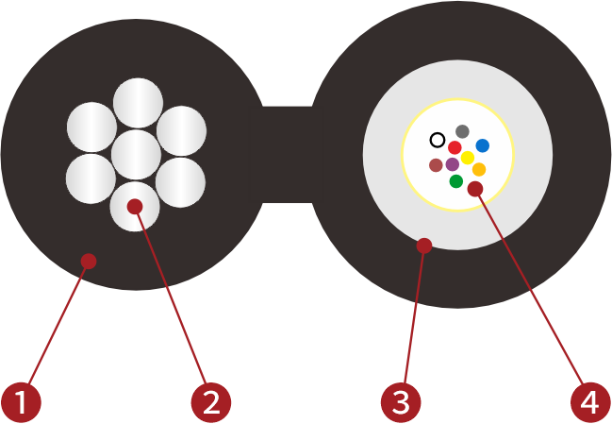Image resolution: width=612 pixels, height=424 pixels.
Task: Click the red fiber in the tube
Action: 455,147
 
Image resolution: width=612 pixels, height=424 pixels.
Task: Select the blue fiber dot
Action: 482,145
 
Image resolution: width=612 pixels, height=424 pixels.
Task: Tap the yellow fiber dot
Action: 467,158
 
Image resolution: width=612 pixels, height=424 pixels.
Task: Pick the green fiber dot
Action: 456,180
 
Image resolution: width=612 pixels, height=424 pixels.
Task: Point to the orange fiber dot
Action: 479,169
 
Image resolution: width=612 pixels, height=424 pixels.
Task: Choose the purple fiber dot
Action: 453,164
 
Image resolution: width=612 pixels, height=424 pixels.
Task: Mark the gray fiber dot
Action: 462,131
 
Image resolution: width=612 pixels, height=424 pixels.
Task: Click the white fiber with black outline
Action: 438,140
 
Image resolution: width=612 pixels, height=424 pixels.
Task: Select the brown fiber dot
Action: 436,165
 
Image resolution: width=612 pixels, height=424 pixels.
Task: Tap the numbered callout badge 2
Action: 210,402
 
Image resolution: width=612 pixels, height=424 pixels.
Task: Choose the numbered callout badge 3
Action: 401,402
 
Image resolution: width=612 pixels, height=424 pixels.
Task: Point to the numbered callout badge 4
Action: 589,402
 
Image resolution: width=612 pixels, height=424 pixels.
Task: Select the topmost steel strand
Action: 138,102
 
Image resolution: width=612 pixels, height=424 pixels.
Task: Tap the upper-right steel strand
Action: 182,128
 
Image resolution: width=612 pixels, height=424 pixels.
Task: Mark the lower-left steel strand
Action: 92,178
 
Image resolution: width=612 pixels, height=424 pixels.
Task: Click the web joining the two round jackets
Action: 287,155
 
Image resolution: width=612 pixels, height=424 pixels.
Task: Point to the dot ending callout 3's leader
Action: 424,246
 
